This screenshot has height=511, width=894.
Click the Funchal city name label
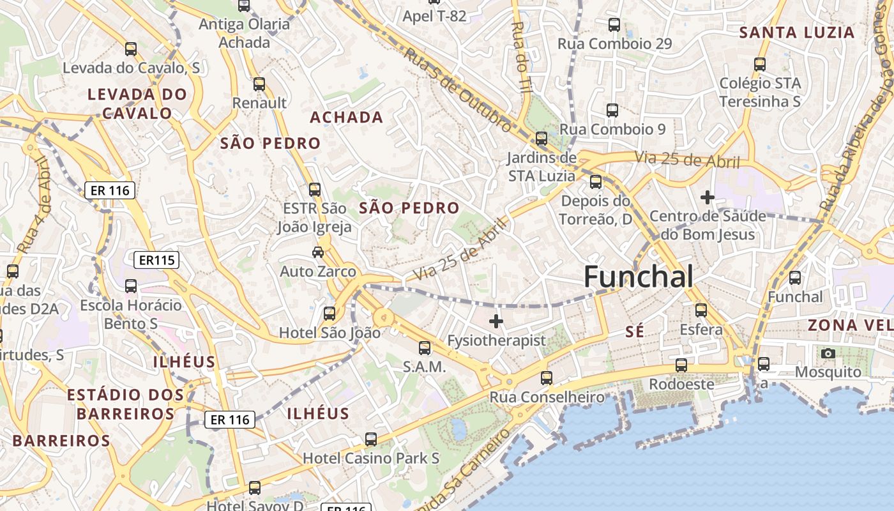pyautogui.click(x=638, y=277)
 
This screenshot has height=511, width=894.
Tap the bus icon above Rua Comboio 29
pyautogui.click(x=614, y=25)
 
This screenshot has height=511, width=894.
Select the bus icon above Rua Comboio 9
pyautogui.click(x=612, y=111)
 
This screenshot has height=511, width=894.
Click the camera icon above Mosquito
pyautogui.click(x=828, y=353)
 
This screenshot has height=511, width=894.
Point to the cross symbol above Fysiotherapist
pyautogui.click(x=496, y=321)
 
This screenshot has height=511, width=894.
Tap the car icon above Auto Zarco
pyautogui.click(x=317, y=252)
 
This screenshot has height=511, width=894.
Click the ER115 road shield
pyautogui.click(x=156, y=260)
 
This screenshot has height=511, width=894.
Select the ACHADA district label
pyautogui.click(x=347, y=118)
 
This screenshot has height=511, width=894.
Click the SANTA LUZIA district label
pyautogui.click(x=796, y=33)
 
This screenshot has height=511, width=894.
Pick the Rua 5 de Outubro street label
pyautogui.click(x=458, y=91)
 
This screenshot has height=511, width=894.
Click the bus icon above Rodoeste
pyautogui.click(x=681, y=365)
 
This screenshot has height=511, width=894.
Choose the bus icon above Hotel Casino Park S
pyautogui.click(x=371, y=439)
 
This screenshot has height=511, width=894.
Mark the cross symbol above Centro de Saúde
pyautogui.click(x=707, y=197)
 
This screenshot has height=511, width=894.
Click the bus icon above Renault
pyautogui.click(x=259, y=84)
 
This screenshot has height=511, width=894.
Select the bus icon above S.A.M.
pyautogui.click(x=425, y=348)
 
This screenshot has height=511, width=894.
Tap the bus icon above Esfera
pyautogui.click(x=701, y=310)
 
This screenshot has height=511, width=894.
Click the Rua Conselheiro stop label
pyautogui.click(x=547, y=397)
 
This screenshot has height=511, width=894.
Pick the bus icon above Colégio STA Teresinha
pyautogui.click(x=760, y=64)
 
